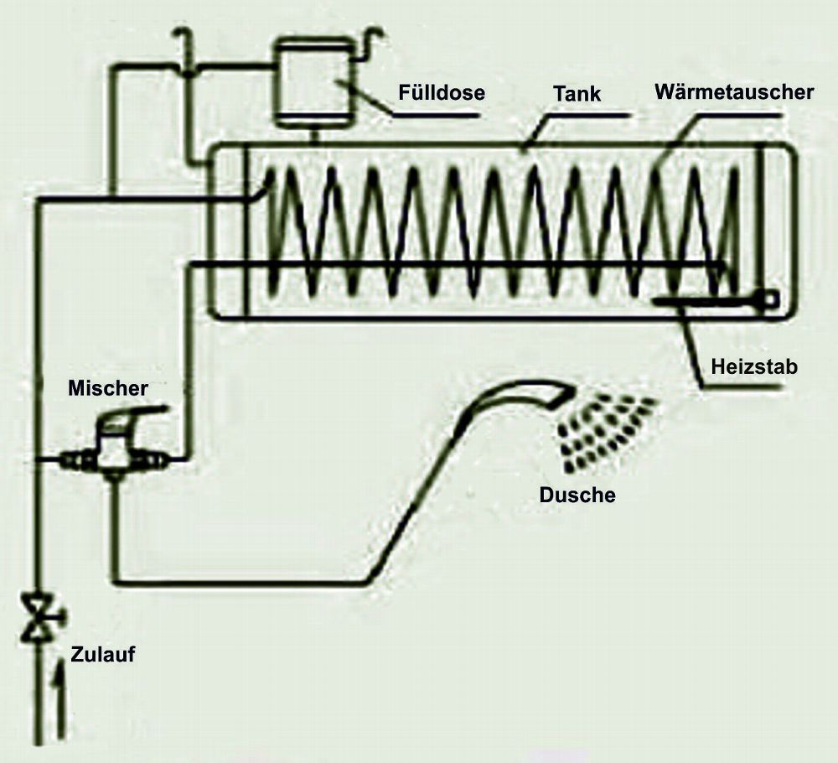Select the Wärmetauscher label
click(734, 91)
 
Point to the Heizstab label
click(753, 366)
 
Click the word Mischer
click(107, 387)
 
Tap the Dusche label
click(577, 494)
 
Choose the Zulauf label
click(102, 655)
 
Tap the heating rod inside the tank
click(704, 299)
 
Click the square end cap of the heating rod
click(768, 298)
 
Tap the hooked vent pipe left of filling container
click(186, 46)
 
